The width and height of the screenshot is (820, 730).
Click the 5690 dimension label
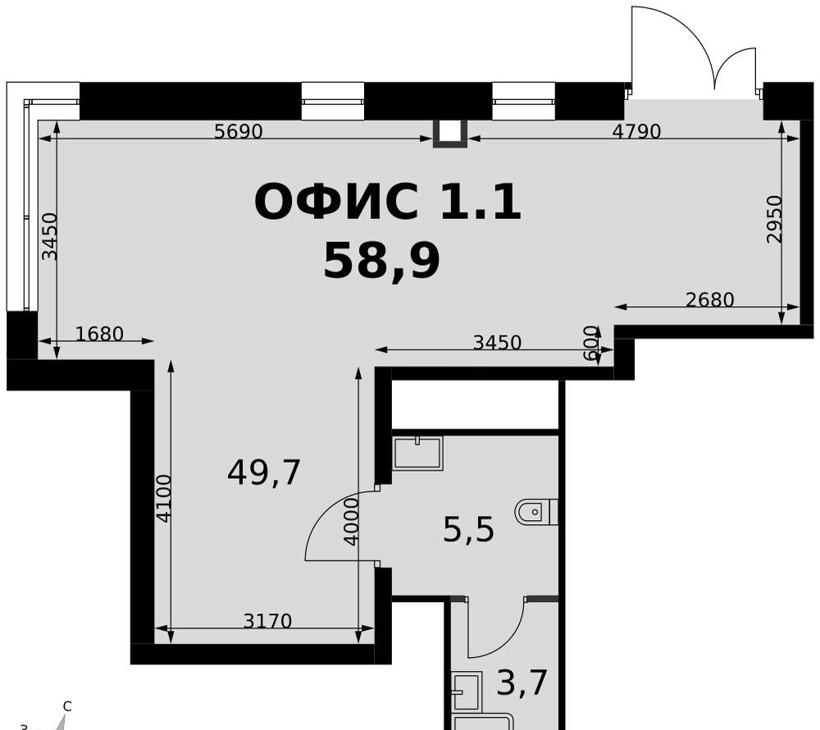pos(239,131)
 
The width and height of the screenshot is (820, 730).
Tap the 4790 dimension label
pos(636,131)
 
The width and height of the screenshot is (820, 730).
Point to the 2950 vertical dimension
pos(775,219)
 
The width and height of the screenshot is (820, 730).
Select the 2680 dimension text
pos(709,299)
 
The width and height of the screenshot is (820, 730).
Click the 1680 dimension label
pos(99,334)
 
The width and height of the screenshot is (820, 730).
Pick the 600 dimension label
pos(590,343)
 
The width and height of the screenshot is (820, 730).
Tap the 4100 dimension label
pos(164,499)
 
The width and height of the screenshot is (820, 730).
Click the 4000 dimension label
pos(352,522)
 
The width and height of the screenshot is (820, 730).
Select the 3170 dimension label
pos(267,621)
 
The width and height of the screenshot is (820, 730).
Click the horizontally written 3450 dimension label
pos(498,343)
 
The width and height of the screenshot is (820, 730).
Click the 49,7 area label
pos(264,472)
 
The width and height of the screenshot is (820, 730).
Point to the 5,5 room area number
pos(468,530)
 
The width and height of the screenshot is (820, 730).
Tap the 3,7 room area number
pos(522,682)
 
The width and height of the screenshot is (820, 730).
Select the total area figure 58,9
pos(382,261)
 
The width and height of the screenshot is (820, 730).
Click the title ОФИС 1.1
pos(388,202)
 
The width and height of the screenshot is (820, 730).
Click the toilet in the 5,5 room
pos(536,512)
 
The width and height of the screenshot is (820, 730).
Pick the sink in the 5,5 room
pos(418,452)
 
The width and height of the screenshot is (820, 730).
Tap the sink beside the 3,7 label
pos(466,691)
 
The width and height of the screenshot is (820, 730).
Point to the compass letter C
pos(67,706)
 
